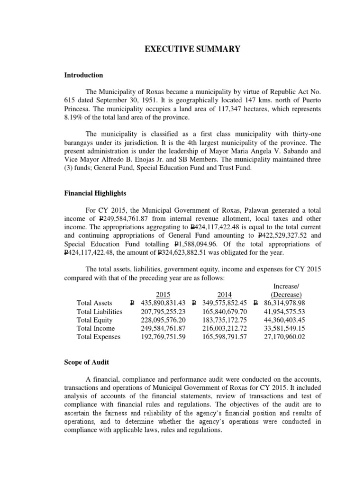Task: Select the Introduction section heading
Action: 83,75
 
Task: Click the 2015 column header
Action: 163,294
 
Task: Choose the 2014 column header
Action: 225,294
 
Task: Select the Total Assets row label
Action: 94,303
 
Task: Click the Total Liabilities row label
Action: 100,312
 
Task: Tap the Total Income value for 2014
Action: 222,329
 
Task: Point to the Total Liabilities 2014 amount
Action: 222,312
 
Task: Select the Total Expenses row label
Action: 99,337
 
